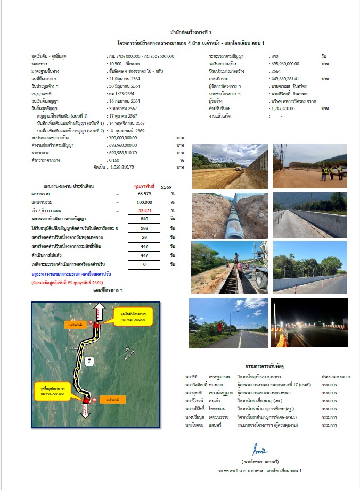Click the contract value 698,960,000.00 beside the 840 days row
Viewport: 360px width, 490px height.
tap(288, 63)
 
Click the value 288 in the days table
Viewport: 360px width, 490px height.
tap(144, 228)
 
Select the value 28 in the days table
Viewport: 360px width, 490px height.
tap(144, 237)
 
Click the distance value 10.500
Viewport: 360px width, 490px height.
tap(116, 63)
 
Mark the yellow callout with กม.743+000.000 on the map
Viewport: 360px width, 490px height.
tap(133, 316)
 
